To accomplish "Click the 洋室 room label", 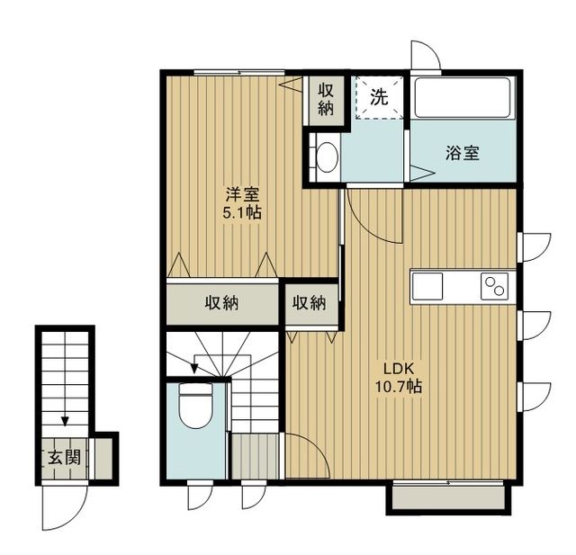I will click(243, 194).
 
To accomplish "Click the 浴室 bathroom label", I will click(462, 152).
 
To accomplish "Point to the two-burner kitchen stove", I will click(493, 286).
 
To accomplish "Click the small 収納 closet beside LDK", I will click(308, 304).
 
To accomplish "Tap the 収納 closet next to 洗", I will click(326, 98).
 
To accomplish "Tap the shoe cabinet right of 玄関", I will click(104, 457).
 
